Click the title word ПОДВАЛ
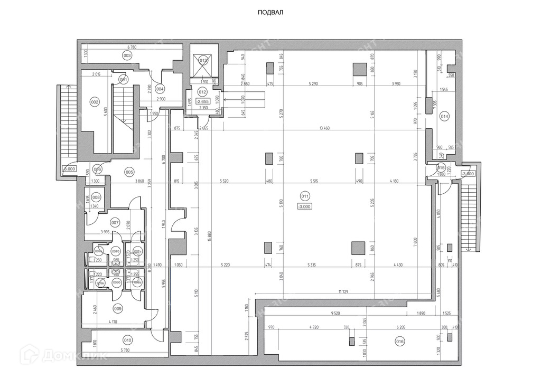click(270, 13)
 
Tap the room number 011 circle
click(305, 197)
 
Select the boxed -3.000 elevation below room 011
click(305, 206)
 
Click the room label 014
click(444, 117)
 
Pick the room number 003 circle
click(127, 55)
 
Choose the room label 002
click(95, 102)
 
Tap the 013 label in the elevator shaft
click(203, 61)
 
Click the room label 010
click(127, 340)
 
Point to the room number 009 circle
click(117, 309)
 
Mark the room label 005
click(129, 172)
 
